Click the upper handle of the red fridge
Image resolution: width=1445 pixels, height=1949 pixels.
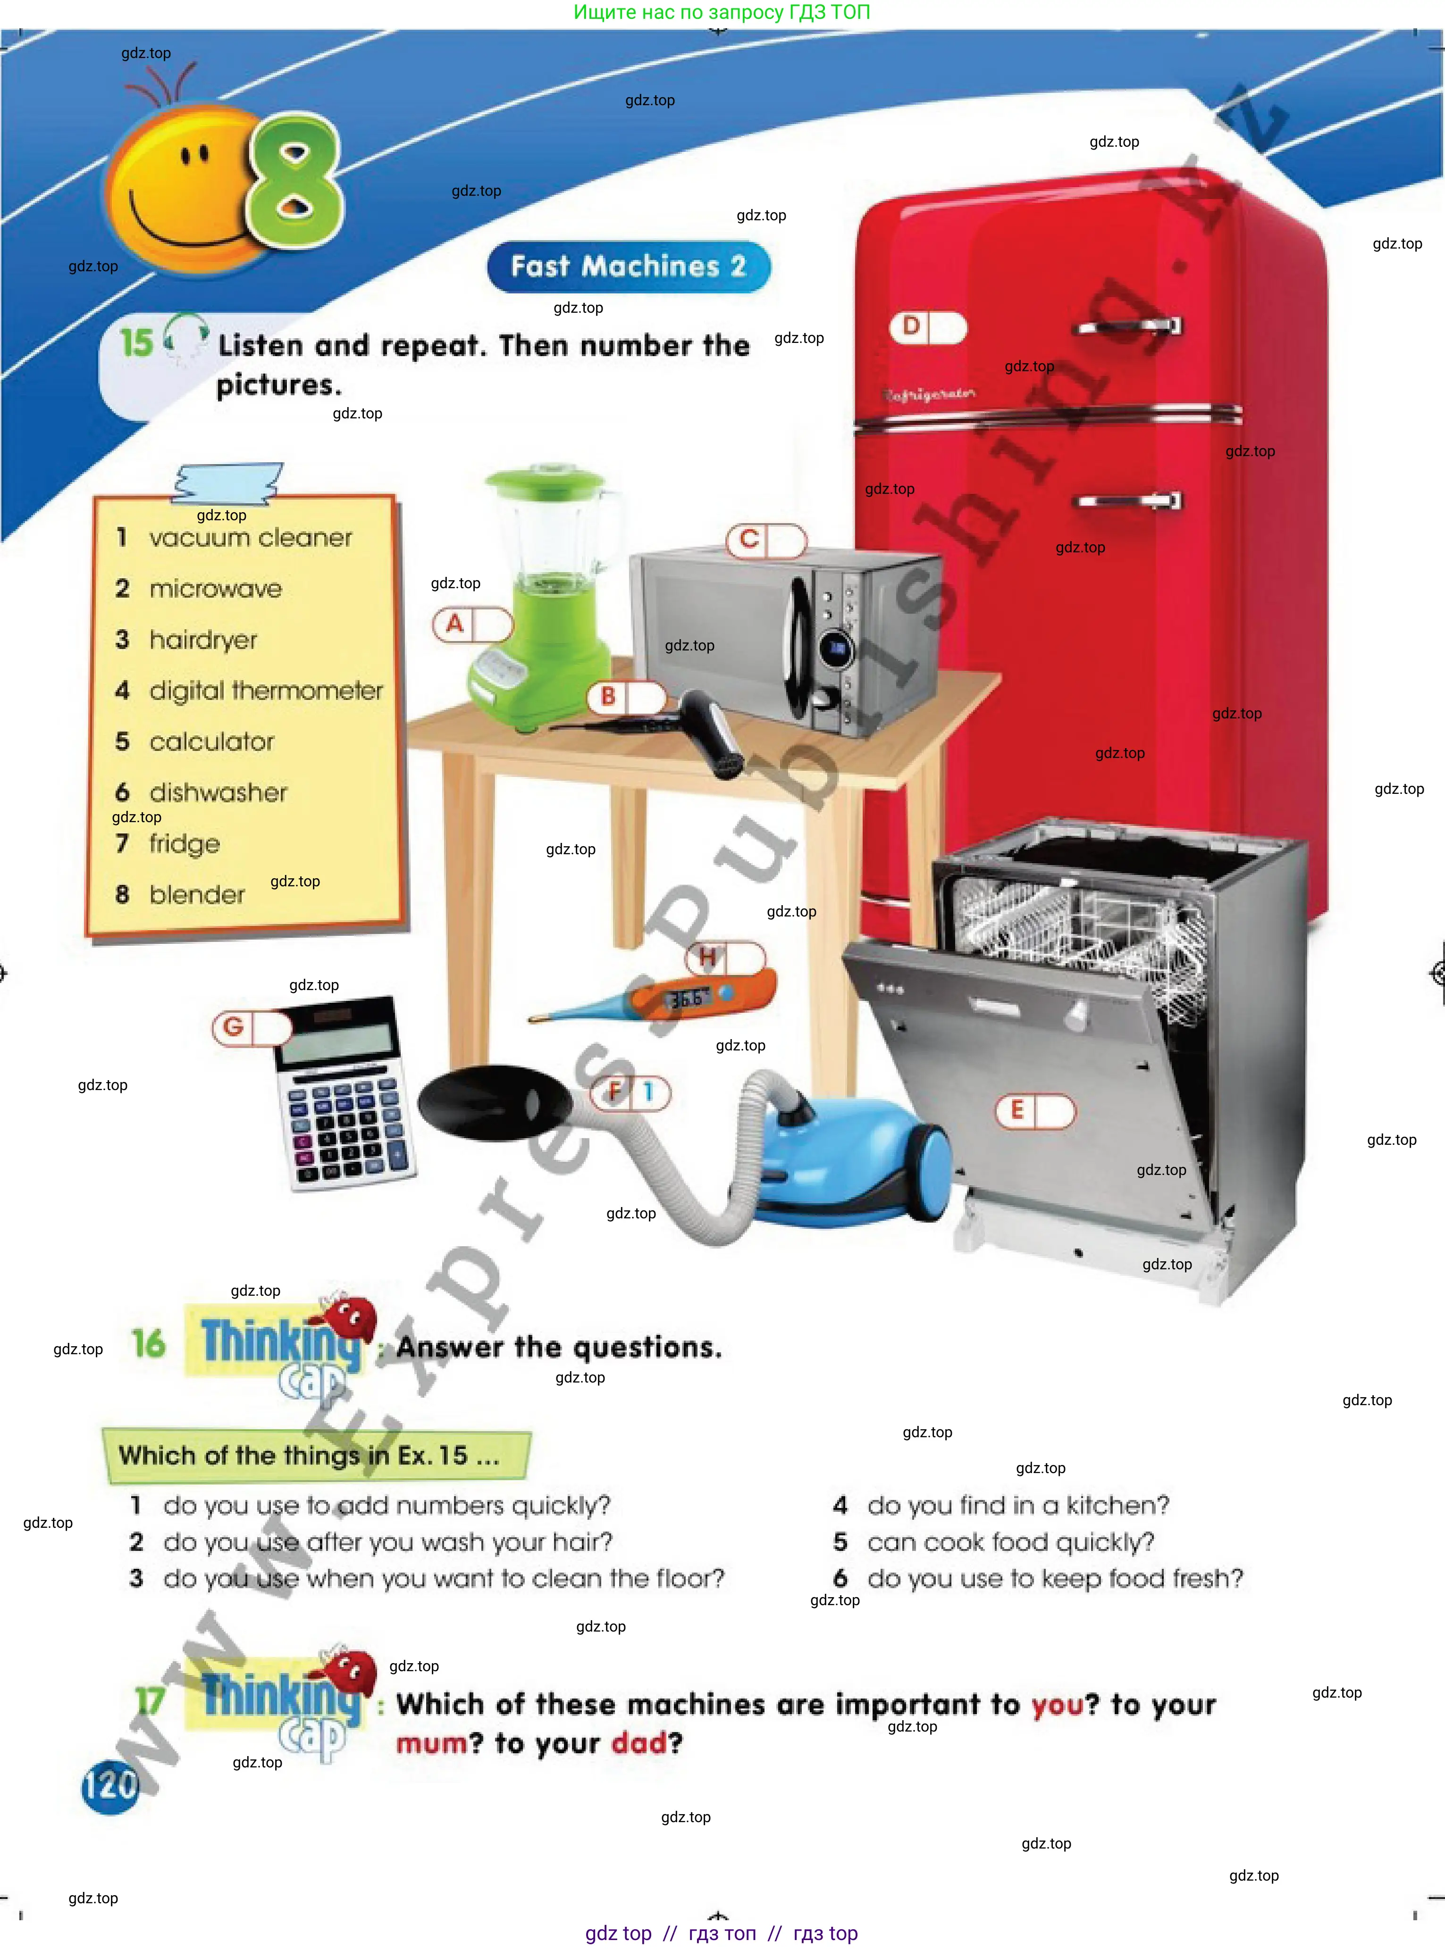tap(1128, 327)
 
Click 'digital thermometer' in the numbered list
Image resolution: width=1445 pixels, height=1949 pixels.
tap(266, 691)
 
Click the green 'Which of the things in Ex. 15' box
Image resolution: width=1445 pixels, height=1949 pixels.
tap(317, 1456)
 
